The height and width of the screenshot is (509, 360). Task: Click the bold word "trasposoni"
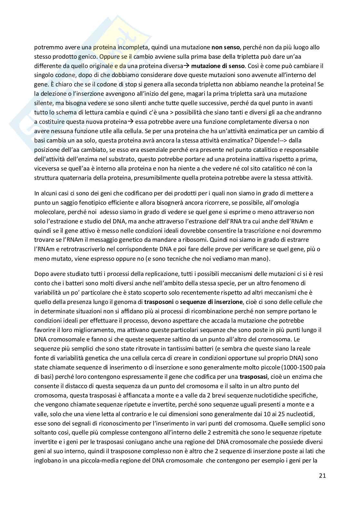(158, 302)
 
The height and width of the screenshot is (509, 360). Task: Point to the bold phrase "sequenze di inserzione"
(211, 302)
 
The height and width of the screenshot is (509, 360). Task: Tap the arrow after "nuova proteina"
(130, 122)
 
